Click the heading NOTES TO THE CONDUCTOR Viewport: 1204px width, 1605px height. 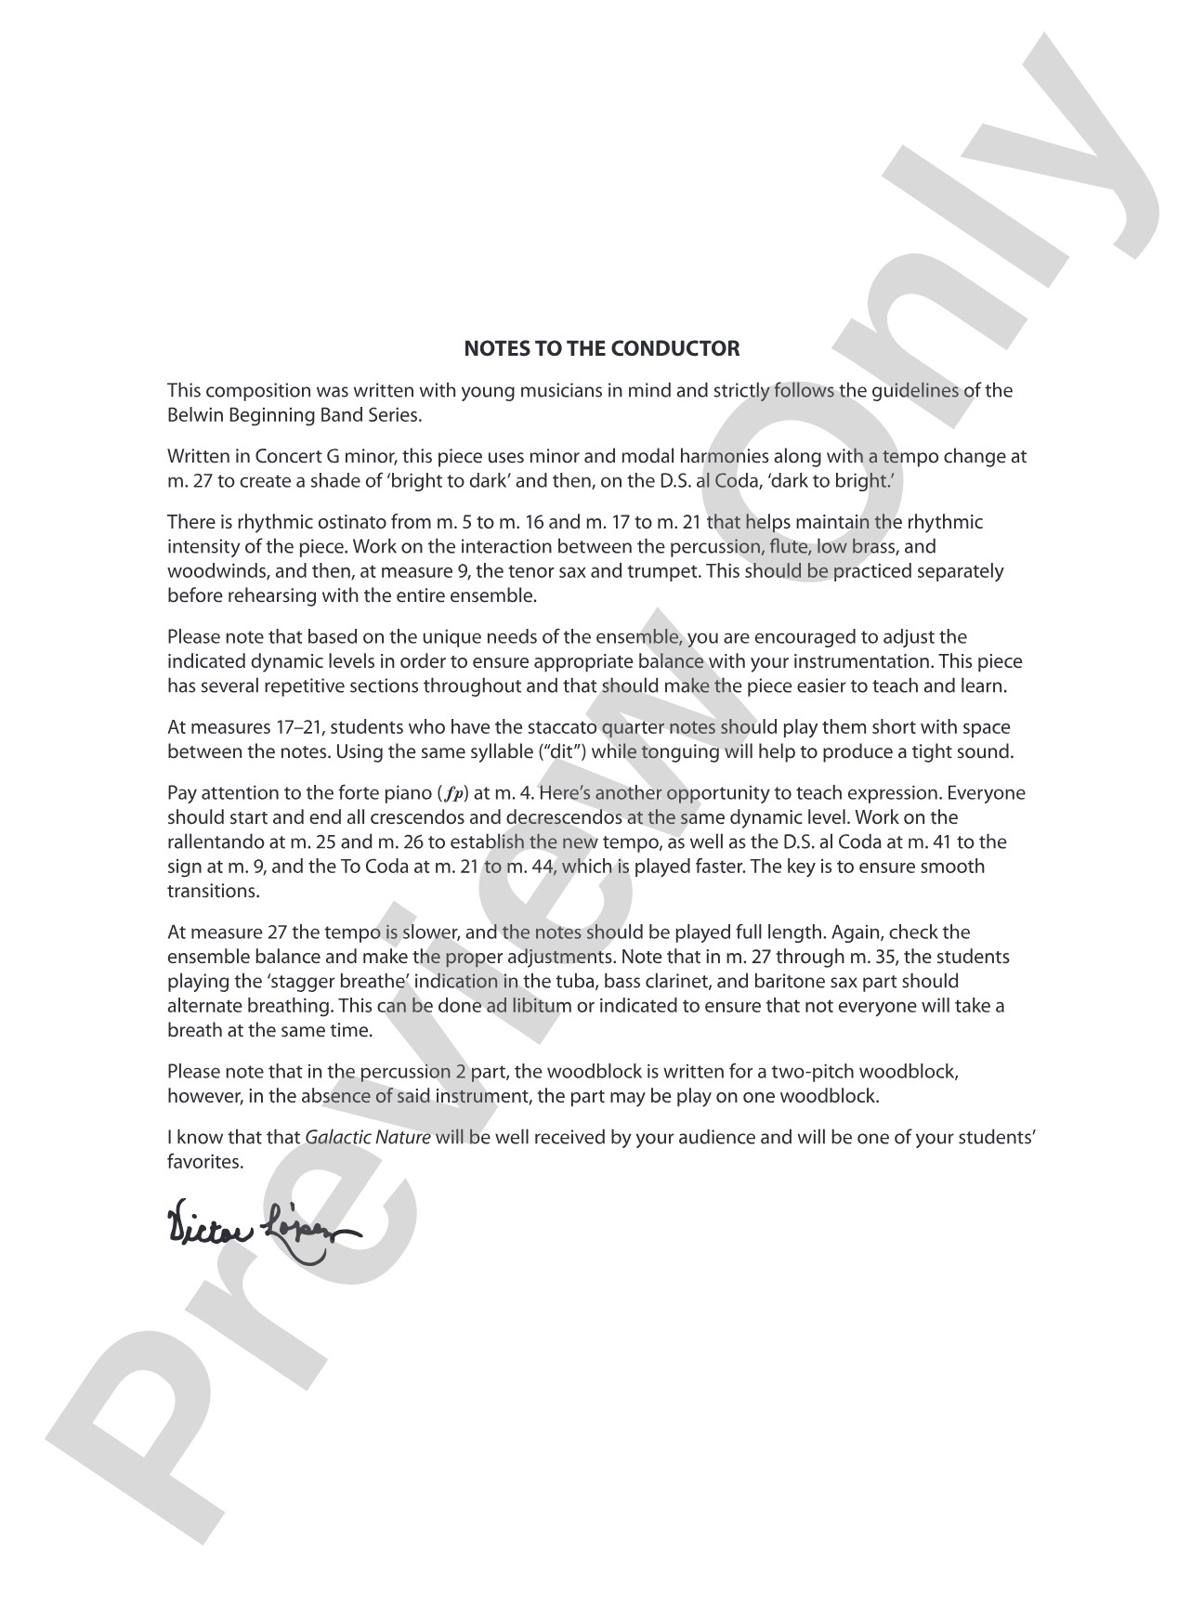[601, 349]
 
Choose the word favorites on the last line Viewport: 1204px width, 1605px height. [205, 1162]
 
